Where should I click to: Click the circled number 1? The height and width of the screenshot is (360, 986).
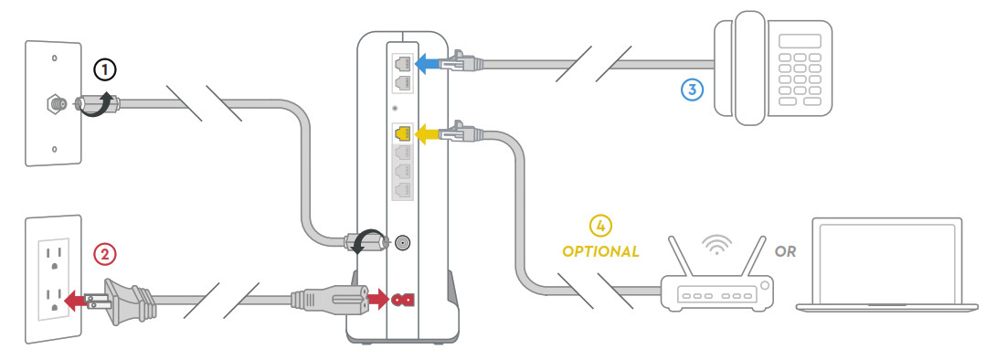[105, 69]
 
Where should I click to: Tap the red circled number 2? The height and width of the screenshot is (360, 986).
[105, 254]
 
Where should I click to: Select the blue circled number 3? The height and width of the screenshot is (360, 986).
[692, 90]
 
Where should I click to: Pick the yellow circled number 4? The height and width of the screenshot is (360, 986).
[599, 226]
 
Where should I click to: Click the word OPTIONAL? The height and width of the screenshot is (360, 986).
[600, 252]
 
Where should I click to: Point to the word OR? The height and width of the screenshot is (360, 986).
[785, 252]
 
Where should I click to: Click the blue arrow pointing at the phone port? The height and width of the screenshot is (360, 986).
[430, 63]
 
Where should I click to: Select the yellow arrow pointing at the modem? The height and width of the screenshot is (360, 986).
[430, 133]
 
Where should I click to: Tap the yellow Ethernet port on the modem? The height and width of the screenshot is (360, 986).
[402, 133]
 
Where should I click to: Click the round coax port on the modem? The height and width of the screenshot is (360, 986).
[402, 241]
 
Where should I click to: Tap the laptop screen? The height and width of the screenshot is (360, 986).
[886, 262]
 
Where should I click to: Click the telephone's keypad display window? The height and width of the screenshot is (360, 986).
[800, 41]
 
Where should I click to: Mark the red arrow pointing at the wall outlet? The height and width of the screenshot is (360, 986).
[77, 301]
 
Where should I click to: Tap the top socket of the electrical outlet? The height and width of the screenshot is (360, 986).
[54, 259]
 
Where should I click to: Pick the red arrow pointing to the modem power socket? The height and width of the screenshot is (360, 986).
[377, 300]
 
